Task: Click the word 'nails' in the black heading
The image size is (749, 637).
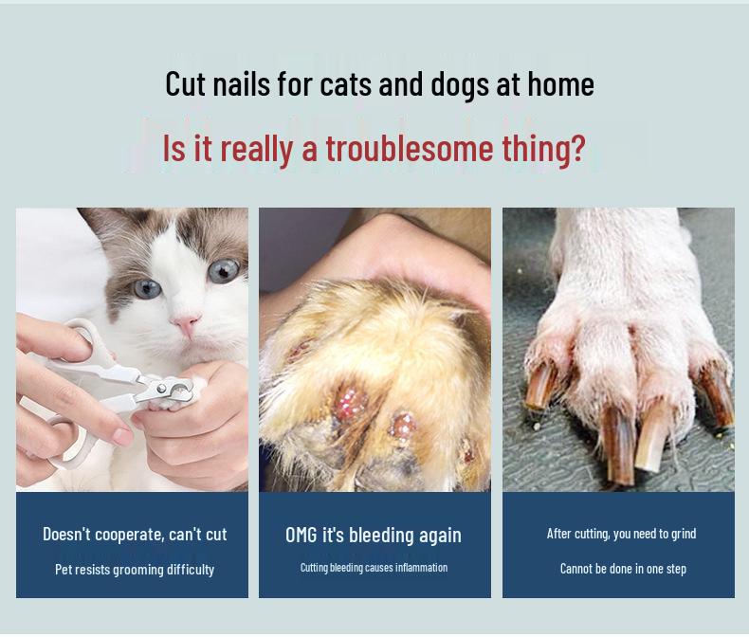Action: (x=243, y=84)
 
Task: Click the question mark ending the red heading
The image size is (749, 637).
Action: (x=577, y=149)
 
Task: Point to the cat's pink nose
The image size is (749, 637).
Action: (x=186, y=325)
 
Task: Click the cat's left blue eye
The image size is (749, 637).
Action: (x=148, y=287)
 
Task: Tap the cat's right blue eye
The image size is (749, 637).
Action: (x=223, y=270)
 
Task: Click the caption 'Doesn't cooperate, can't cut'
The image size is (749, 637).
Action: (x=135, y=535)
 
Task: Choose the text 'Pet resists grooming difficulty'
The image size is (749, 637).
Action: (x=135, y=570)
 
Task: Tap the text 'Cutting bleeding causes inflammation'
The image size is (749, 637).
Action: (x=374, y=568)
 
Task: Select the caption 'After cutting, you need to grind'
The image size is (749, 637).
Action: (x=621, y=534)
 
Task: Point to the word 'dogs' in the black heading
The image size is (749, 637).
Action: (x=460, y=84)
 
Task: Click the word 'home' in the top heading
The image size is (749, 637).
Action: (x=560, y=84)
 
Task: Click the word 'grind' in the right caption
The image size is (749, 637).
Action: (x=684, y=534)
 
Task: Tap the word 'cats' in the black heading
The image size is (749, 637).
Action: (x=346, y=84)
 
